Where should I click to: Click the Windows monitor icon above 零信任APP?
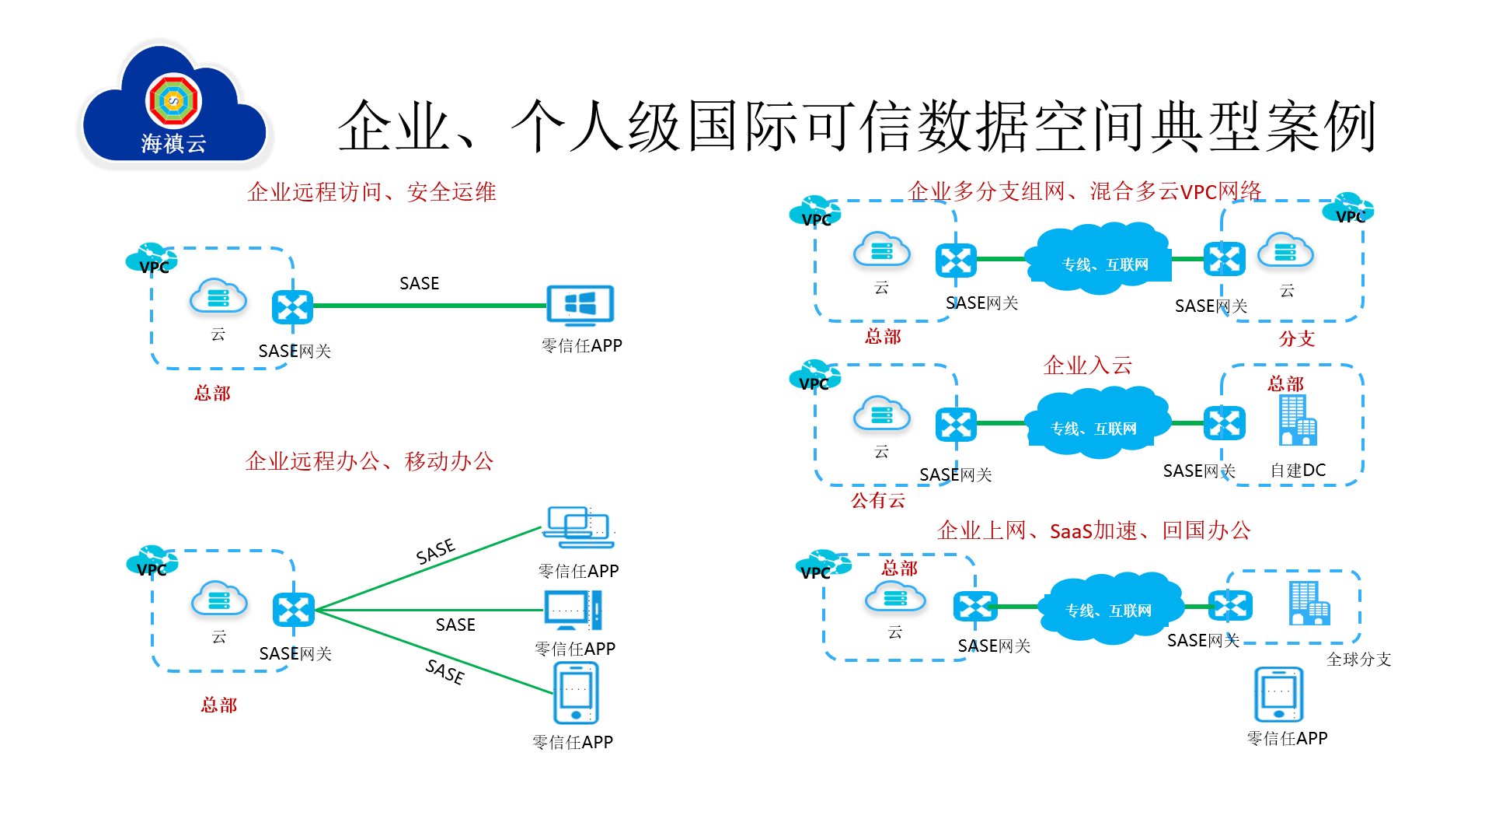tap(580, 305)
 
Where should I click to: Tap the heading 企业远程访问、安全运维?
tap(371, 192)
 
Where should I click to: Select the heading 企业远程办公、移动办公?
tap(370, 461)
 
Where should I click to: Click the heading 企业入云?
tap(1087, 365)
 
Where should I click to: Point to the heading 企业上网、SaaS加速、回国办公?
tap(1093, 530)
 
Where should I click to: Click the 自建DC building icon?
tap(1297, 421)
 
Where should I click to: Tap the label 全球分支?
tap(1358, 660)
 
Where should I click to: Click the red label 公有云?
tap(877, 500)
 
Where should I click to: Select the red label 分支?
tap(1296, 338)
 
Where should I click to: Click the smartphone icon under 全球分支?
tap(1278, 695)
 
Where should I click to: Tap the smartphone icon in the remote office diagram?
tap(576, 692)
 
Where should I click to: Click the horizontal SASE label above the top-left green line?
tap(419, 284)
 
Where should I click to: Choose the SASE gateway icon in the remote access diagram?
tap(292, 307)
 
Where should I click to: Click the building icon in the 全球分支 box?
tap(1309, 604)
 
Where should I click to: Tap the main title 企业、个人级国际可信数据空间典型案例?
tap(856, 126)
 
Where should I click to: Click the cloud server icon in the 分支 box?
tap(1285, 251)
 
